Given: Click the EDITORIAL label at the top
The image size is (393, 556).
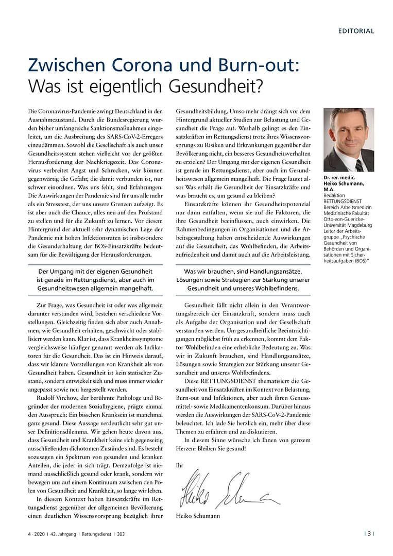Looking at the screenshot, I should [x=356, y=31].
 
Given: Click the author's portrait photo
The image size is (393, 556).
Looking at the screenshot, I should [x=348, y=140].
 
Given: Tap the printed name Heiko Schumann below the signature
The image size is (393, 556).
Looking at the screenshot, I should [x=198, y=516].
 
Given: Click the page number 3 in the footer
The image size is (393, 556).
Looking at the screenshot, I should [x=369, y=534].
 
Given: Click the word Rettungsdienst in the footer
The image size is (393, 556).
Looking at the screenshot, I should [x=98, y=534].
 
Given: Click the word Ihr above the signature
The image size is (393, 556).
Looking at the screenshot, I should [x=179, y=465].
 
